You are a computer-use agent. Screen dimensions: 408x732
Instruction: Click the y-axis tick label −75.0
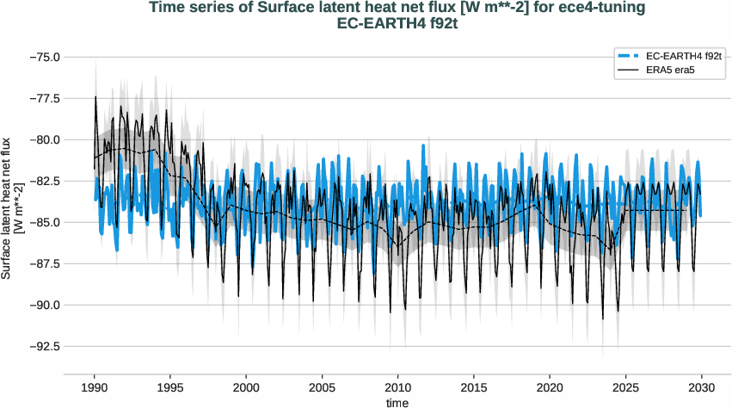click(42, 57)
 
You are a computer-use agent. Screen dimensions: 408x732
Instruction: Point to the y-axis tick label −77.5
click(42, 98)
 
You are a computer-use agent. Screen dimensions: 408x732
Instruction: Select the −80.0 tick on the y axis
click(42, 139)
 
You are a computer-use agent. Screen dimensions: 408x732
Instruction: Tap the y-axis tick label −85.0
click(42, 222)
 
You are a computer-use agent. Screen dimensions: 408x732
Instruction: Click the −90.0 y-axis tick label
click(42, 305)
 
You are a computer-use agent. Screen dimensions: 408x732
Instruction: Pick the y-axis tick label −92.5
click(42, 346)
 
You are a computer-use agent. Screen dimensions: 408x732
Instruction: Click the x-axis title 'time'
click(397, 401)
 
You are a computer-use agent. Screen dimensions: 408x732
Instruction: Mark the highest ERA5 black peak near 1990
click(96, 96)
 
